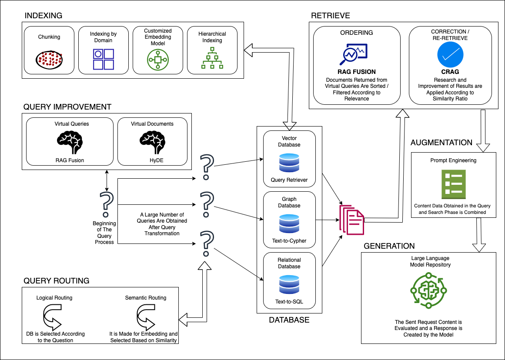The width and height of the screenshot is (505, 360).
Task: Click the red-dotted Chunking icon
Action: [x=48, y=60]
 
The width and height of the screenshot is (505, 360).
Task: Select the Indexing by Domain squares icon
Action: [x=104, y=60]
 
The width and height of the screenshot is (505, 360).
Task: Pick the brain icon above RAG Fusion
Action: [x=70, y=141]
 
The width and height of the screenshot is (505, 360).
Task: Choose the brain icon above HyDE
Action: [x=152, y=141]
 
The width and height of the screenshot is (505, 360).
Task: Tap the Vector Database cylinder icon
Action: [x=289, y=162]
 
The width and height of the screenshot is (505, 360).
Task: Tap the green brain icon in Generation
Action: [x=428, y=290]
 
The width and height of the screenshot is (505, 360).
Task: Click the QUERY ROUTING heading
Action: [x=56, y=281]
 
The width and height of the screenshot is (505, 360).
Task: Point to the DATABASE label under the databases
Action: [x=289, y=320]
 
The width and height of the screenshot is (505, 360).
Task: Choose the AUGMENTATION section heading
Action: [x=441, y=143]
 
